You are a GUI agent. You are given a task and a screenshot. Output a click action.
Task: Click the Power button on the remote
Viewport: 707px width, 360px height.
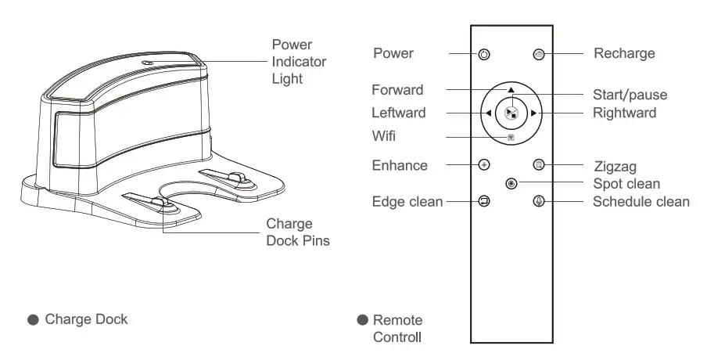(484, 55)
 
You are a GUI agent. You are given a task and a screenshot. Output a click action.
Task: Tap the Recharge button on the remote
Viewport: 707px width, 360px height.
(538, 55)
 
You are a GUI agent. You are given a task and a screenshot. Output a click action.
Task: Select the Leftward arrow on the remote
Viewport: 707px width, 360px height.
(488, 113)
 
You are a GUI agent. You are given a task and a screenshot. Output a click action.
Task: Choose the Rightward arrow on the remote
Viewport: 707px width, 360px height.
(533, 113)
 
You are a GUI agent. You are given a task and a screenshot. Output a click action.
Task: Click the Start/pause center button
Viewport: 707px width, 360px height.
(511, 113)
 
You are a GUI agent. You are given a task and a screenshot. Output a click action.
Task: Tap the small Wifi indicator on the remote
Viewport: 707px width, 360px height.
(511, 136)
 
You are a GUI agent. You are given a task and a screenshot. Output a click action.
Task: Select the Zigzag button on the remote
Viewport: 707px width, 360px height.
(538, 165)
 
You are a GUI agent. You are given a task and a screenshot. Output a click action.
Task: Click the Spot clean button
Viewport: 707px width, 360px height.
(511, 184)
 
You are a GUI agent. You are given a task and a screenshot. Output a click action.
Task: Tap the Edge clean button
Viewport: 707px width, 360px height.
(484, 201)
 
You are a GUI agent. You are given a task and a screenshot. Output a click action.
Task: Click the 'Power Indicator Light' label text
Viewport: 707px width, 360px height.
(299, 62)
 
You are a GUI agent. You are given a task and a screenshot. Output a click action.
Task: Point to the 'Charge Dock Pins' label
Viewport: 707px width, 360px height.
(297, 232)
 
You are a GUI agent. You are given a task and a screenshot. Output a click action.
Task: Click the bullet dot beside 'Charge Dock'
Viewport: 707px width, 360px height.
(33, 320)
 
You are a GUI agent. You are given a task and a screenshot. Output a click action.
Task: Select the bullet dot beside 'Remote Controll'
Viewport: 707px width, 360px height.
(362, 321)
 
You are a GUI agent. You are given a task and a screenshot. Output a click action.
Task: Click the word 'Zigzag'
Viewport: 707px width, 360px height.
(615, 166)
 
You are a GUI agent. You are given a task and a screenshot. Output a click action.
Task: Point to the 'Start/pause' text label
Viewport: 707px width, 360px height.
(630, 95)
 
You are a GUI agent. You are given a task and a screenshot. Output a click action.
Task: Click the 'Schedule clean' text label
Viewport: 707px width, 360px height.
(641, 202)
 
